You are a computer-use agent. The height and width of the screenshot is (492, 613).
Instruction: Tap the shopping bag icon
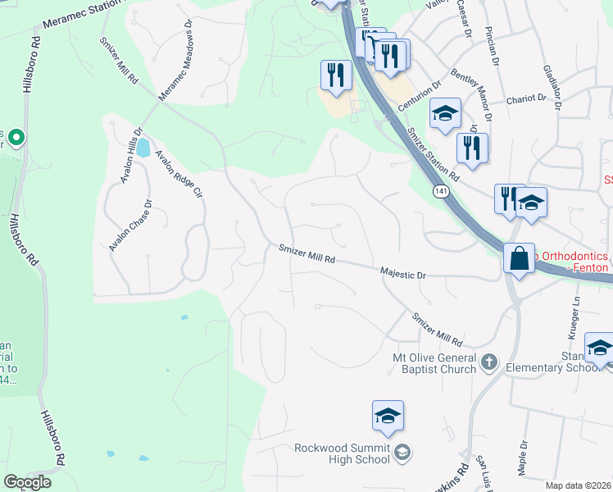520,259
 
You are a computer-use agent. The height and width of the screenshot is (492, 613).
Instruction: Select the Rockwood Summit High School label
343,453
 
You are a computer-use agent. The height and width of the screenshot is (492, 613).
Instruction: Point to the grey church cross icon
488,361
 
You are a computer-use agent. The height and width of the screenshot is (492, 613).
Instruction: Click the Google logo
28,482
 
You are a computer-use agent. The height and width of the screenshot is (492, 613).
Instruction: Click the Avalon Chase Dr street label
130,225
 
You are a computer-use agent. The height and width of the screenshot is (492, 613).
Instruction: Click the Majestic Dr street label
403,274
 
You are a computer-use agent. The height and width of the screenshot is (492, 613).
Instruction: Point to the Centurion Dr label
420,95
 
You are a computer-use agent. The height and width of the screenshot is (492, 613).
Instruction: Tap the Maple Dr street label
524,460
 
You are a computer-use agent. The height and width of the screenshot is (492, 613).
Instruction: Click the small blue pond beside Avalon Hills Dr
143,148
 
